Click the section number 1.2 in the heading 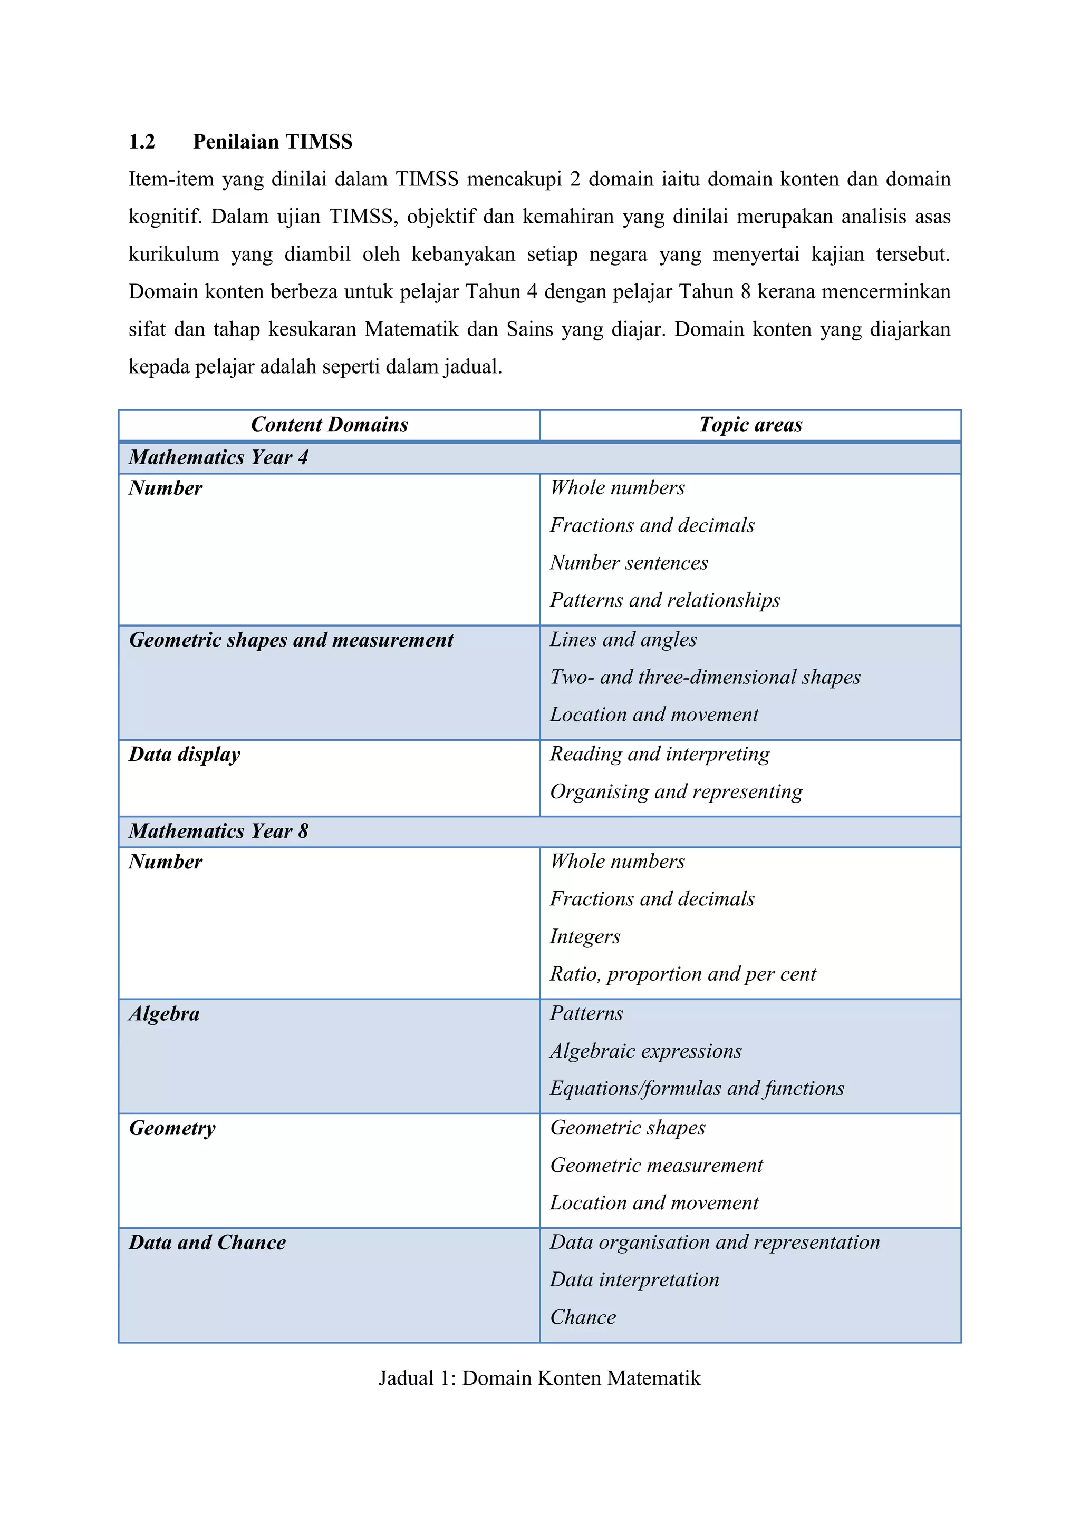click(x=142, y=142)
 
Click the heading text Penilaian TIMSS click(x=273, y=142)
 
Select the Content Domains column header click(x=329, y=425)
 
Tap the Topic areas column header click(x=750, y=425)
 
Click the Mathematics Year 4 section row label click(x=218, y=457)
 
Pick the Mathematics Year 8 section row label click(x=218, y=831)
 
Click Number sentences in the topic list click(x=629, y=563)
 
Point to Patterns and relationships click(x=664, y=600)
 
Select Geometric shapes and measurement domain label click(x=291, y=640)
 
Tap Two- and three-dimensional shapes click(x=705, y=677)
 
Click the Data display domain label click(x=184, y=755)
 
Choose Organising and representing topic click(x=676, y=791)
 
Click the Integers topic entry click(x=584, y=936)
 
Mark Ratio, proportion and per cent click(x=682, y=974)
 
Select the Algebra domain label click(x=163, y=1014)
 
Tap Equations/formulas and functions click(x=696, y=1088)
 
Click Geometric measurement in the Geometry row click(x=655, y=1165)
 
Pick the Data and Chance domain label click(x=207, y=1242)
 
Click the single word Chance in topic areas click(x=583, y=1317)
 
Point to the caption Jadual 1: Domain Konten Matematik click(x=539, y=1378)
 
